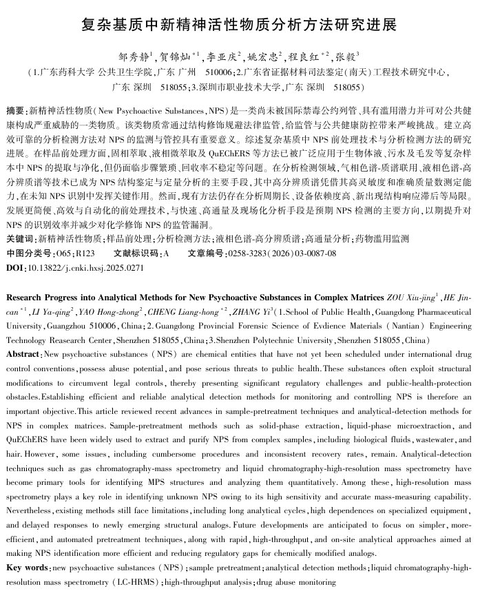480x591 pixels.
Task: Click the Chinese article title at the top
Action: click(x=239, y=25)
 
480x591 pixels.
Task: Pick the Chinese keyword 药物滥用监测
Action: click(x=379, y=238)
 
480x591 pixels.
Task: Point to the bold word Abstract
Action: click(x=23, y=353)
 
